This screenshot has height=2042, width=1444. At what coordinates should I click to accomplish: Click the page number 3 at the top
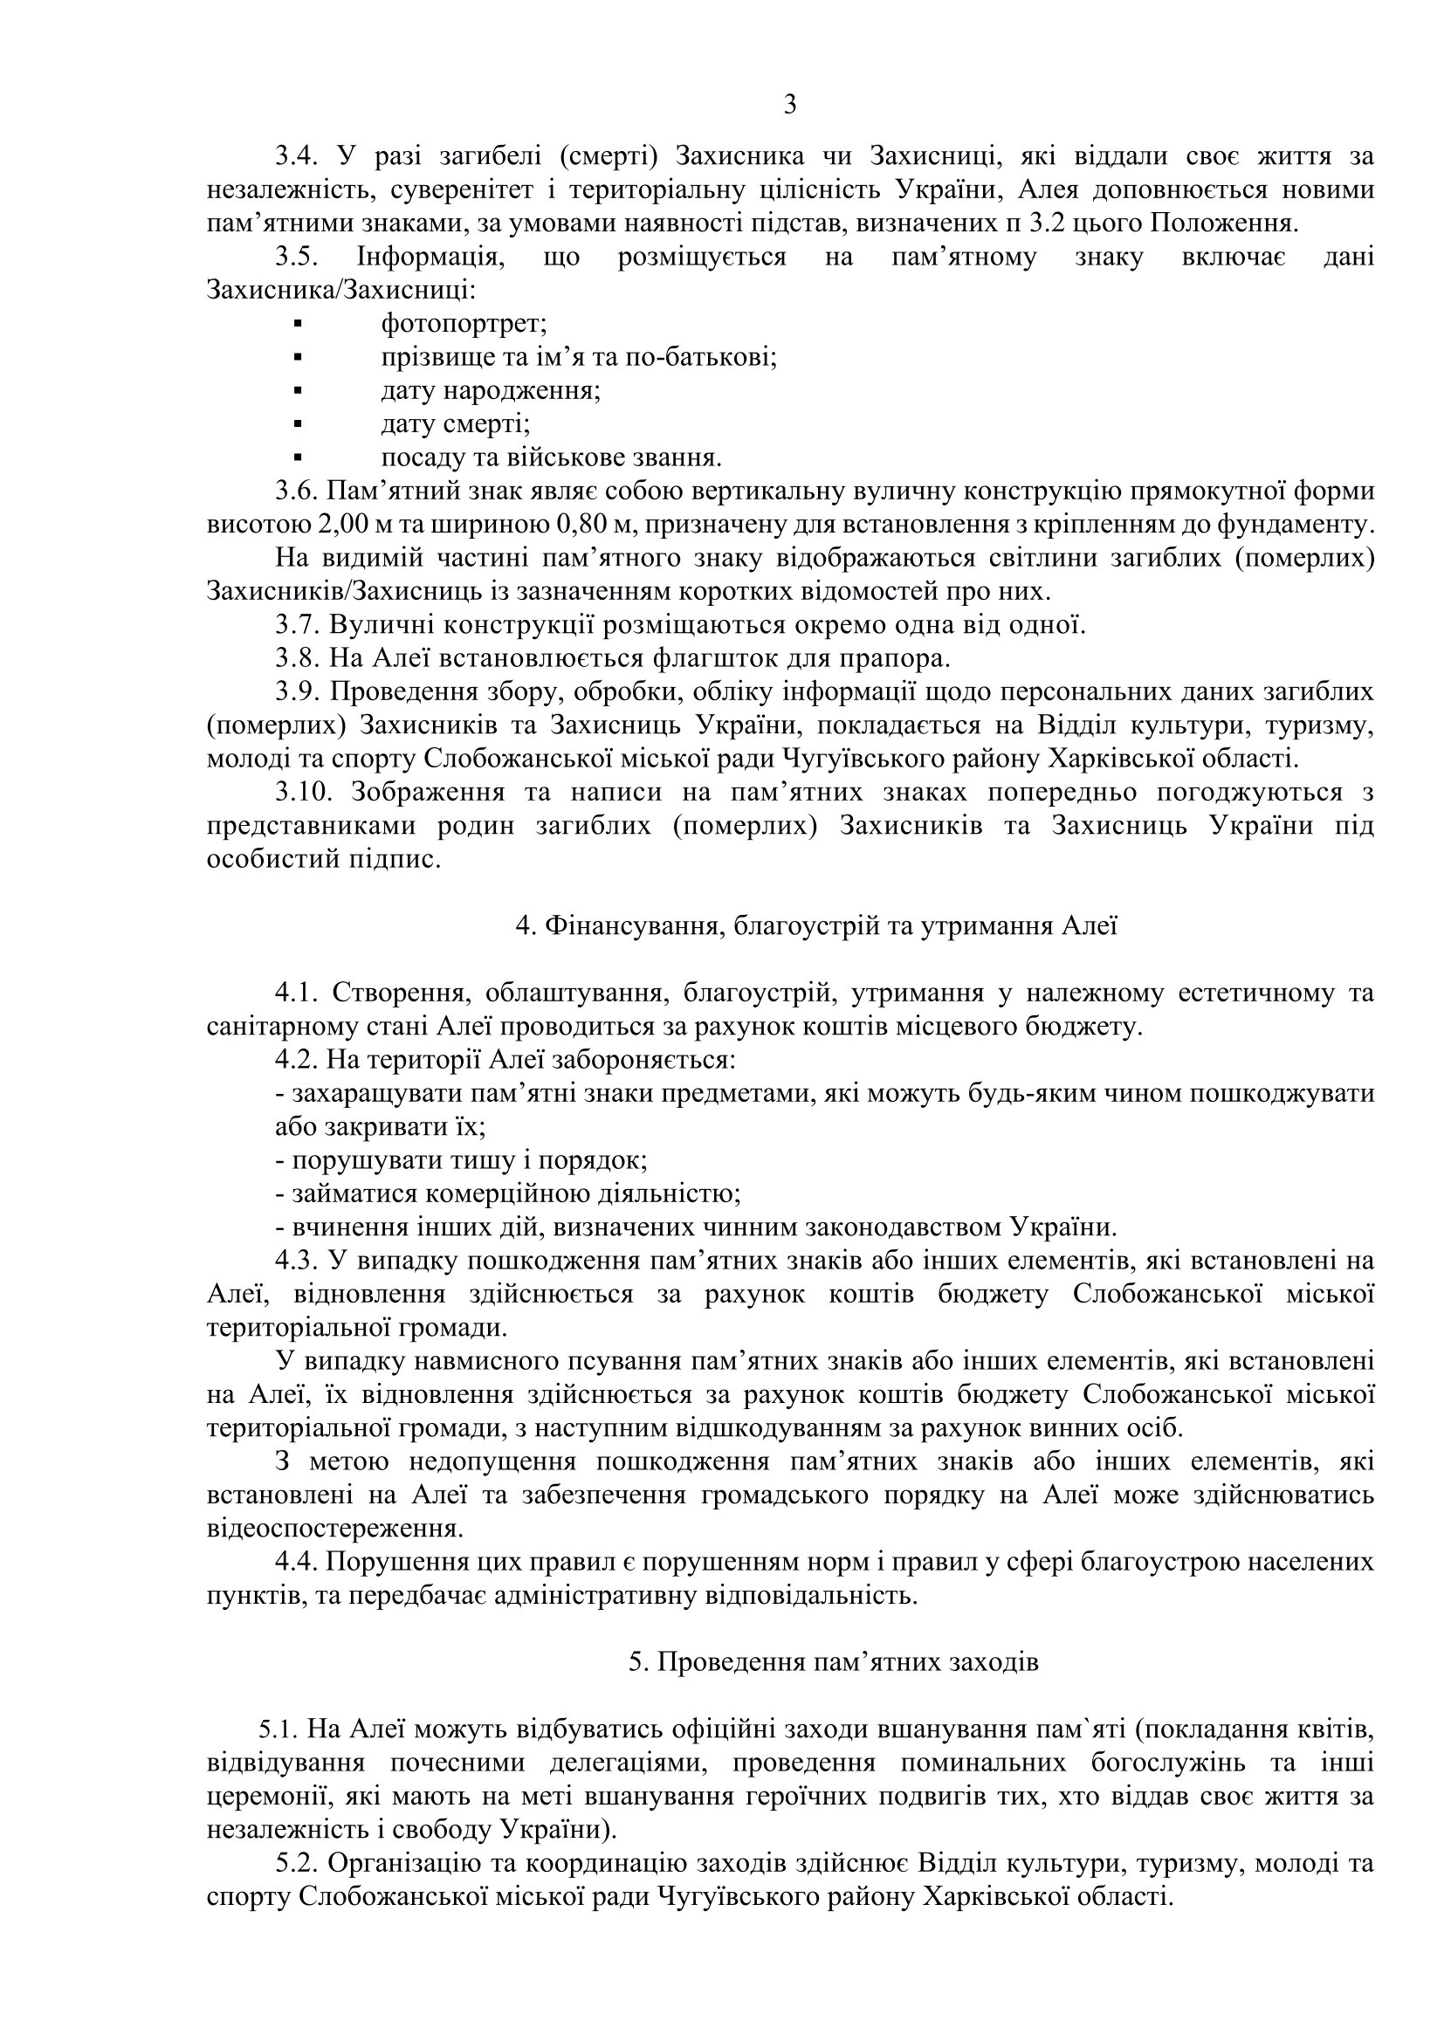pos(789,106)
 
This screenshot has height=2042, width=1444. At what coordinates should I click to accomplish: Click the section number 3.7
pos(298,625)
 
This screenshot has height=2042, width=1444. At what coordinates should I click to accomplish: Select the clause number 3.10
pos(305,793)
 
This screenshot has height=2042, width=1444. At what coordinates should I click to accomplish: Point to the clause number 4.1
pos(298,993)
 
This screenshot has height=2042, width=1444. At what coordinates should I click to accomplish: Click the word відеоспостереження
pos(334,1529)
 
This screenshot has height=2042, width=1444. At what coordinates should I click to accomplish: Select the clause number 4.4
pos(298,1563)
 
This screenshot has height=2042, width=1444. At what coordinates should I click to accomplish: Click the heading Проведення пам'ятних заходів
pos(833,1662)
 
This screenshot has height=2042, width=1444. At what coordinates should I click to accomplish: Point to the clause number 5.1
pos(279,1729)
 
